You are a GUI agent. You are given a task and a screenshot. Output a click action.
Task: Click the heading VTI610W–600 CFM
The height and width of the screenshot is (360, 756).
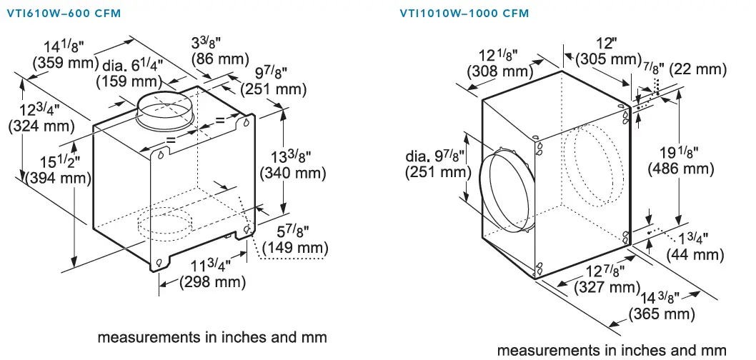(x=64, y=14)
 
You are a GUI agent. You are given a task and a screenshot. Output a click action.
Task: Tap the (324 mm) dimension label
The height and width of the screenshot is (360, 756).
(x=41, y=126)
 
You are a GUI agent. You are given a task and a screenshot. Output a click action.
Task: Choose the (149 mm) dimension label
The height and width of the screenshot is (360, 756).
(x=295, y=249)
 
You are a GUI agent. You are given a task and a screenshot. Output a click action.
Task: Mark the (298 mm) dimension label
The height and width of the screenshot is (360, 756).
(x=212, y=282)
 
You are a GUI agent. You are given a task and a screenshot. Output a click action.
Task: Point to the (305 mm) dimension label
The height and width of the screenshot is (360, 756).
(x=607, y=59)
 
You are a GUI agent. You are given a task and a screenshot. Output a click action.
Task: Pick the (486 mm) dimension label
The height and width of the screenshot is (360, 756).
(x=680, y=169)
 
